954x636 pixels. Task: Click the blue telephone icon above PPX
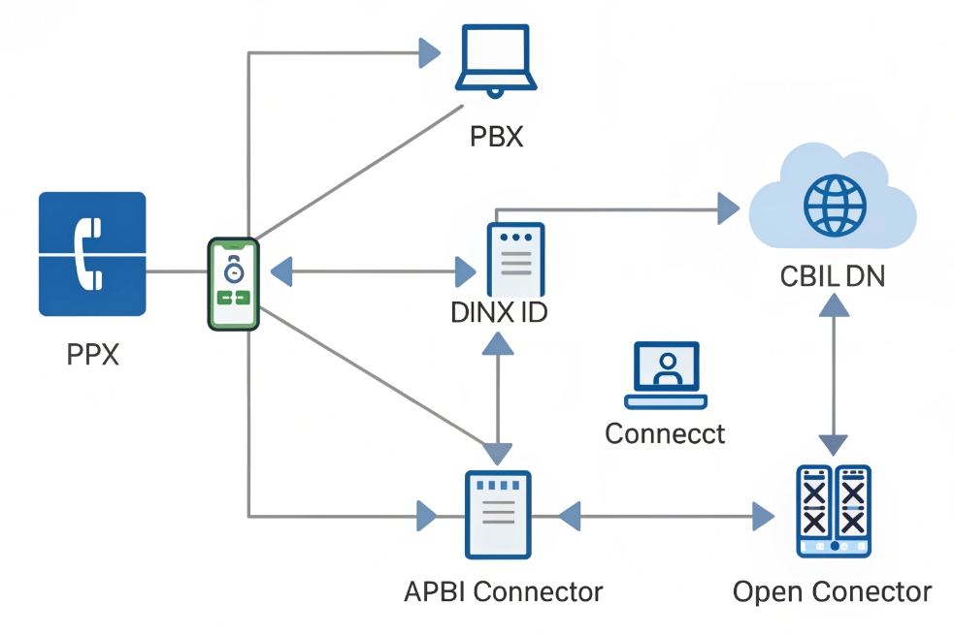coord(92,253)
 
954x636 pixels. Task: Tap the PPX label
coord(93,355)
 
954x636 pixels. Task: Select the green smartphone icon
coord(234,284)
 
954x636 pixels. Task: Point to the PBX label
coord(496,137)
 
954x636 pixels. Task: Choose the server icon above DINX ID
coord(515,259)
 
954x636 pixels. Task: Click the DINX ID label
coord(500,314)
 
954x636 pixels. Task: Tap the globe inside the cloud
coord(834,205)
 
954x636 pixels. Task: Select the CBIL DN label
coord(833,276)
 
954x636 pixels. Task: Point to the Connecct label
coord(665,432)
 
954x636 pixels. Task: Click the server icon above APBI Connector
coord(498,513)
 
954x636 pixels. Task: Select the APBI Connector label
coord(503,591)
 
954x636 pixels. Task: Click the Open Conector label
coord(832,591)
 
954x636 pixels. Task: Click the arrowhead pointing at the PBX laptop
coord(428,52)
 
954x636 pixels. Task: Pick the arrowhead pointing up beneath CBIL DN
coord(834,304)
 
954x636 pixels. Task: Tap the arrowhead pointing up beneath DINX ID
coord(498,343)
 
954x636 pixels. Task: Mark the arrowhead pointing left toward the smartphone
coord(280,272)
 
